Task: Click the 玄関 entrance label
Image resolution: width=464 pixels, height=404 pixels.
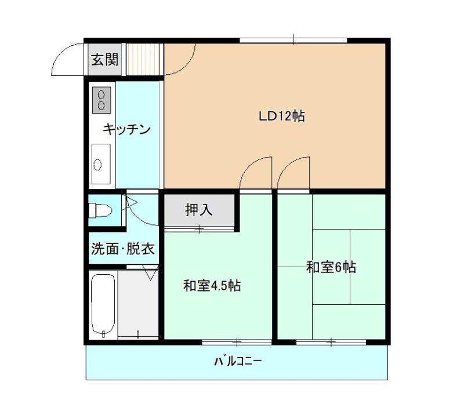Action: coord(105,60)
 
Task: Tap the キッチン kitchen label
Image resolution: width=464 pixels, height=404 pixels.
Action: coord(126,129)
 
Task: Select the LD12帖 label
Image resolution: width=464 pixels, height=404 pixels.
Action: coord(282,116)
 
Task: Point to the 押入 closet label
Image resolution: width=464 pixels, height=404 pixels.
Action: coord(199,210)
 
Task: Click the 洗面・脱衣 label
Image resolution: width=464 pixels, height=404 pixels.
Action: coord(123,249)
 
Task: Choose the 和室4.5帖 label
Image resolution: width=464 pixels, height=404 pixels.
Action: coord(212,286)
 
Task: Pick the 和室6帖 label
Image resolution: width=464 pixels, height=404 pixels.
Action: coord(331,267)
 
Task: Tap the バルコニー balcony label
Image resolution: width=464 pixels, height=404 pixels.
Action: coord(238,361)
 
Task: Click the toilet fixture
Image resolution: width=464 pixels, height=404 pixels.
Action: coord(100,210)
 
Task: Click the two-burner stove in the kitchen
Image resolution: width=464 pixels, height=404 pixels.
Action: coord(101,100)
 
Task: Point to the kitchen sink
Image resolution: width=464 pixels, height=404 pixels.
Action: coord(101,164)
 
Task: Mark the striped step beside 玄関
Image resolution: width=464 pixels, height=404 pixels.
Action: coord(144,60)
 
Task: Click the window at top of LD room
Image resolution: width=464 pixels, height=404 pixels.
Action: coord(293,41)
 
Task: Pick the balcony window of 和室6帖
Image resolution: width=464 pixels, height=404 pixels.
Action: coord(331,343)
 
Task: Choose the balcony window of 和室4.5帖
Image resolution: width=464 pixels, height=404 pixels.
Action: coord(237,343)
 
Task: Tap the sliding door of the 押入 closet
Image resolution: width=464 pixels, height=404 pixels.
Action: coord(199,228)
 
